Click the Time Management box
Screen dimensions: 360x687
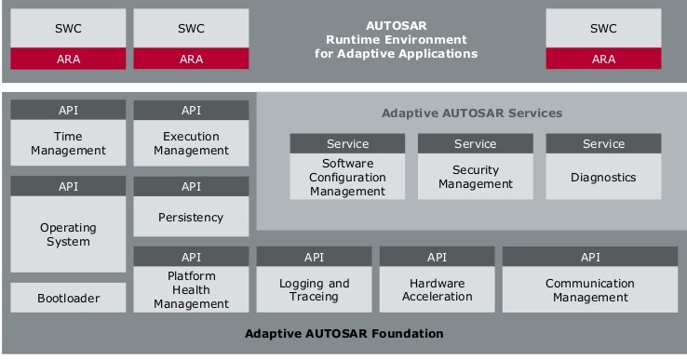pos(68,143)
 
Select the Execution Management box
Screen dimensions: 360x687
pos(191,143)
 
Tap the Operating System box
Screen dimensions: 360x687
pos(68,234)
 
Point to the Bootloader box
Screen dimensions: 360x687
pos(68,299)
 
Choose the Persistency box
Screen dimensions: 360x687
pos(191,217)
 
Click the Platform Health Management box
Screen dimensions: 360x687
pos(191,289)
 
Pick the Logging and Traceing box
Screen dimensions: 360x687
pos(314,290)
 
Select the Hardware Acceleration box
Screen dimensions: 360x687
pos(437,290)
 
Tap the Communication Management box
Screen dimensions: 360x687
pos(590,290)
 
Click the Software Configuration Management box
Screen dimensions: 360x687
pos(347,177)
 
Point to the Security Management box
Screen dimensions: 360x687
pos(475,177)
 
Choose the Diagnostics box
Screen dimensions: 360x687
pos(603,177)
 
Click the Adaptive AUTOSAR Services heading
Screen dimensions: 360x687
pos(472,113)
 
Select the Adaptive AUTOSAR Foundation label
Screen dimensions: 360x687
pos(343,333)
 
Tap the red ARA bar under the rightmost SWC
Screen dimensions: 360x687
pos(603,59)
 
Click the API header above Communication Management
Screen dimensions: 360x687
pos(590,257)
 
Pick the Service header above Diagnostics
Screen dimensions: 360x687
pos(603,143)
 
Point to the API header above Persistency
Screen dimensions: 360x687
pos(191,186)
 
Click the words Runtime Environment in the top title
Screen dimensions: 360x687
pos(396,40)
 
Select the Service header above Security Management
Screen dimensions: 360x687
pos(475,143)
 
